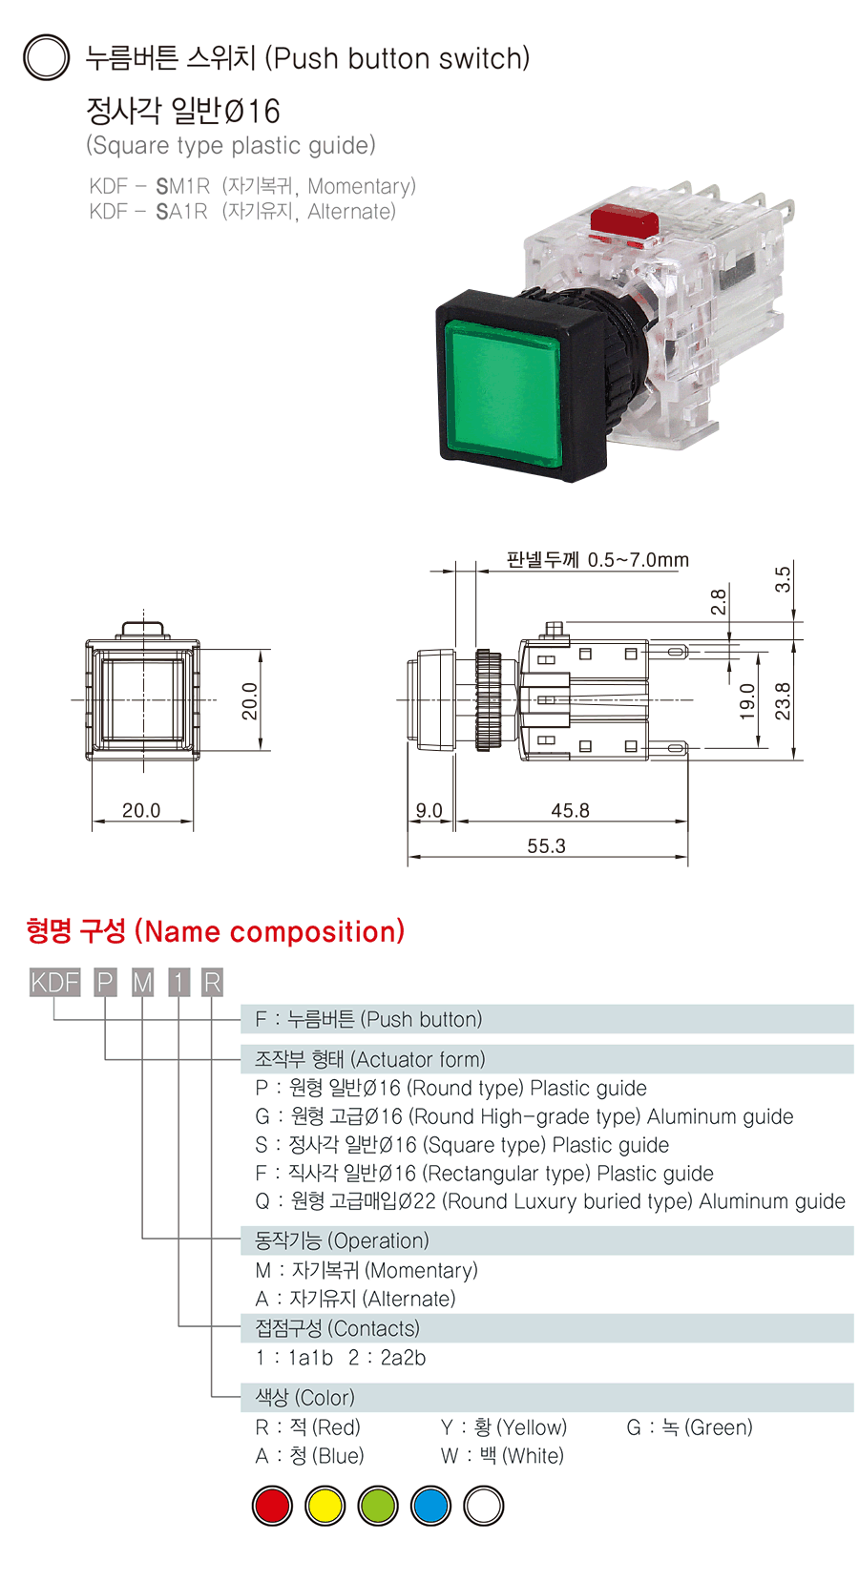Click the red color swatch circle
tap(272, 1506)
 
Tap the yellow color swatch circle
tap(325, 1506)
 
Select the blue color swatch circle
tap(430, 1506)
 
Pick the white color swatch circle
tap(483, 1506)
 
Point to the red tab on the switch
tap(624, 220)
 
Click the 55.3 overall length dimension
tap(546, 846)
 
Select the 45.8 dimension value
tap(570, 811)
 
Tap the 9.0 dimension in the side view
tap(429, 811)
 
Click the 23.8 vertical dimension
tap(783, 701)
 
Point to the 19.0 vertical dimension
tap(747, 701)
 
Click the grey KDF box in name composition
tap(54, 983)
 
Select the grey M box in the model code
tap(142, 983)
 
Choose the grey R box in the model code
tap(212, 983)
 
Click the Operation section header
tap(342, 1240)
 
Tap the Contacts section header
tap(337, 1328)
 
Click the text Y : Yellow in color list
tap(504, 1427)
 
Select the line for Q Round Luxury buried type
tap(550, 1201)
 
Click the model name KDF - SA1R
tap(148, 212)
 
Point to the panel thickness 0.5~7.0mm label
tap(597, 560)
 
